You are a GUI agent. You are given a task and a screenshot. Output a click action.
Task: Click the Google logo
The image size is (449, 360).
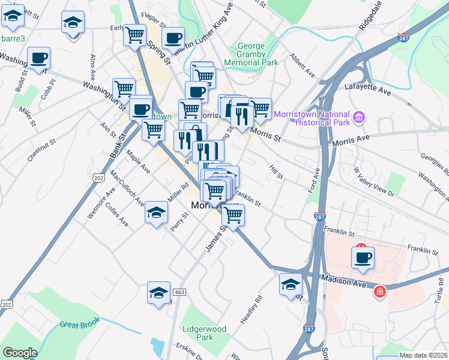click(x=20, y=353)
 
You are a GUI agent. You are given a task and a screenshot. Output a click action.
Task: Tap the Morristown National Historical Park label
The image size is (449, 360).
click(x=311, y=118)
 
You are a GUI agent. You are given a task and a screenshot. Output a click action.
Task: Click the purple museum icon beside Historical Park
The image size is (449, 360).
click(x=360, y=116)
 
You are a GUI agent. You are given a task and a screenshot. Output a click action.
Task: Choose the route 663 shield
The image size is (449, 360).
click(x=178, y=292)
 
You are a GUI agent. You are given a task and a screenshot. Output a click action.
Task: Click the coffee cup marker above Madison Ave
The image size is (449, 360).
click(x=363, y=259)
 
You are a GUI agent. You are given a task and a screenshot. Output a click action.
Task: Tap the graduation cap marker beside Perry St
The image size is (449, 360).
click(x=157, y=213)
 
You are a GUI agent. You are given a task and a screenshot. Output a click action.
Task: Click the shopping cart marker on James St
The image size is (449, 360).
click(x=233, y=214)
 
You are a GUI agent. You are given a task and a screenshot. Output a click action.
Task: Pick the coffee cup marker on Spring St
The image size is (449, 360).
click(x=173, y=38)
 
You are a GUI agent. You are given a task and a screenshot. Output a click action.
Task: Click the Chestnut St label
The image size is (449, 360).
click(x=41, y=150)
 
